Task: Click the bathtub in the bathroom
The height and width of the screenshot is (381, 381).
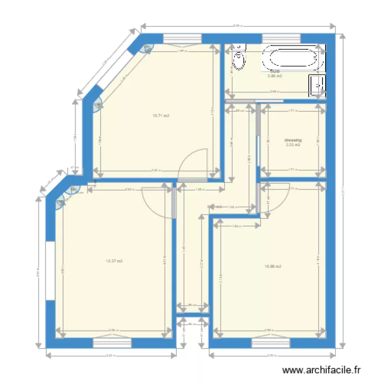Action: coord(292,58)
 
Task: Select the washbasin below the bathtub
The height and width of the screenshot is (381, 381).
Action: coord(317,85)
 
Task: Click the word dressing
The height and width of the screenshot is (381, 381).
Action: coord(293,139)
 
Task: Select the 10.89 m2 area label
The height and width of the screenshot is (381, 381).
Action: coord(273,266)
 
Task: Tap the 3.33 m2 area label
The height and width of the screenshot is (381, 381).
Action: coord(293,145)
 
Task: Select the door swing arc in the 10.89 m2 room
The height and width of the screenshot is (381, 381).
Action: coord(274,196)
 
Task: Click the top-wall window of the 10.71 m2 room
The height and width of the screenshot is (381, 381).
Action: coord(182,38)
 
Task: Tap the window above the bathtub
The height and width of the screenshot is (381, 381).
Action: coord(281,38)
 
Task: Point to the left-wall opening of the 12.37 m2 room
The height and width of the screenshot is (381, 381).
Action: coord(50,270)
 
